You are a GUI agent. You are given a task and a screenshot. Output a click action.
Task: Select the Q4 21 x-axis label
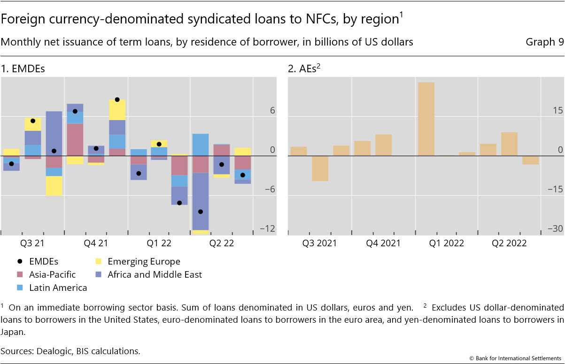coord(96,243)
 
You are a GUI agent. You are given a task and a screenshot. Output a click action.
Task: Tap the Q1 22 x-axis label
coord(159,243)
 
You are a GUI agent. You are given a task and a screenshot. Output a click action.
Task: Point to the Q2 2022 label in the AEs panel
coord(509,243)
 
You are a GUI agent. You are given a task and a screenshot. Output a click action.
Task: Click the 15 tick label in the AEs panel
coord(557,111)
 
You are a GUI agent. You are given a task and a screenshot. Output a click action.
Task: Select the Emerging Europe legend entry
coord(144,262)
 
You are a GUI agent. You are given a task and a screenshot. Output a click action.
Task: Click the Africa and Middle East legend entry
coord(155,274)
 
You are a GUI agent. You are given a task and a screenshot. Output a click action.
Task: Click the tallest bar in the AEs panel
coord(426,119)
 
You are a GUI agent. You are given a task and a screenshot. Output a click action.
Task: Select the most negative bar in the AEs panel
coord(320,168)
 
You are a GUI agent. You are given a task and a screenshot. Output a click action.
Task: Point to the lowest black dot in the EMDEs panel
coord(201,212)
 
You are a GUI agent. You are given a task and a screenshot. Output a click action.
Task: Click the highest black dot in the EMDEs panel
coord(117,99)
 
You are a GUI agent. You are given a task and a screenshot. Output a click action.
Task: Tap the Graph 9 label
coord(544,42)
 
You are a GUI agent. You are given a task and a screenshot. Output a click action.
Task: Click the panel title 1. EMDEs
coord(23,69)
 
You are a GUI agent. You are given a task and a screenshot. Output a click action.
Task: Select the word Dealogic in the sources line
coord(47,351)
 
